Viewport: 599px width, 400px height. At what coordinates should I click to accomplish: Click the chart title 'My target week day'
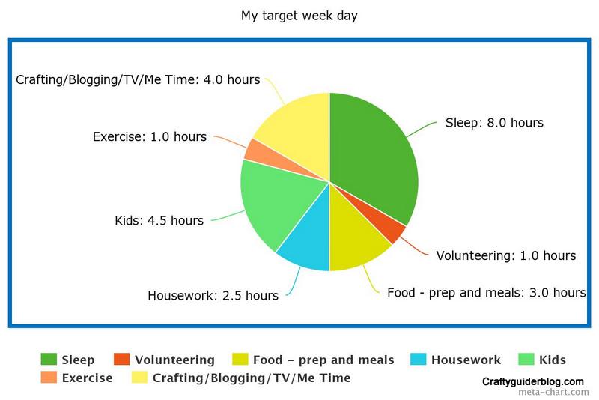coord(299,16)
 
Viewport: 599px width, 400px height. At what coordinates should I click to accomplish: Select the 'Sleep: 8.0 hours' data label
coord(494,123)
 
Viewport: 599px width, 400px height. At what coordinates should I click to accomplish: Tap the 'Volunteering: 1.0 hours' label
coord(506,255)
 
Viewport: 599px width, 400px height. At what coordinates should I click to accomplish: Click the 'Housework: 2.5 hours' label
coord(213,296)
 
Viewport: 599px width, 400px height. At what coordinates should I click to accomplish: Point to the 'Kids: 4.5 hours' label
coord(159,221)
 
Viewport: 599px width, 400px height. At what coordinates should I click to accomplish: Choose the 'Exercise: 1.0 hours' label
coord(150,137)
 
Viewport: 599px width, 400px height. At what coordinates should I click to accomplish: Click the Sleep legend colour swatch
coord(49,359)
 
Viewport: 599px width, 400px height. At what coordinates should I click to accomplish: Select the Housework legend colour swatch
coord(418,359)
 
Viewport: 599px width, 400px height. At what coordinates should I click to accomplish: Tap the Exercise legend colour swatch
coord(49,378)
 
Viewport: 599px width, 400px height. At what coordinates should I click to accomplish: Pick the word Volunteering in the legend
coord(174,360)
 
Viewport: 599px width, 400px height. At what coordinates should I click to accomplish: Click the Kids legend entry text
coord(553,360)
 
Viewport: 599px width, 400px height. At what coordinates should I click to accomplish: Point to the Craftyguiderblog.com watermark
coord(533,382)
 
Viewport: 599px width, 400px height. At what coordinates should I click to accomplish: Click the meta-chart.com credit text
coord(553,392)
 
